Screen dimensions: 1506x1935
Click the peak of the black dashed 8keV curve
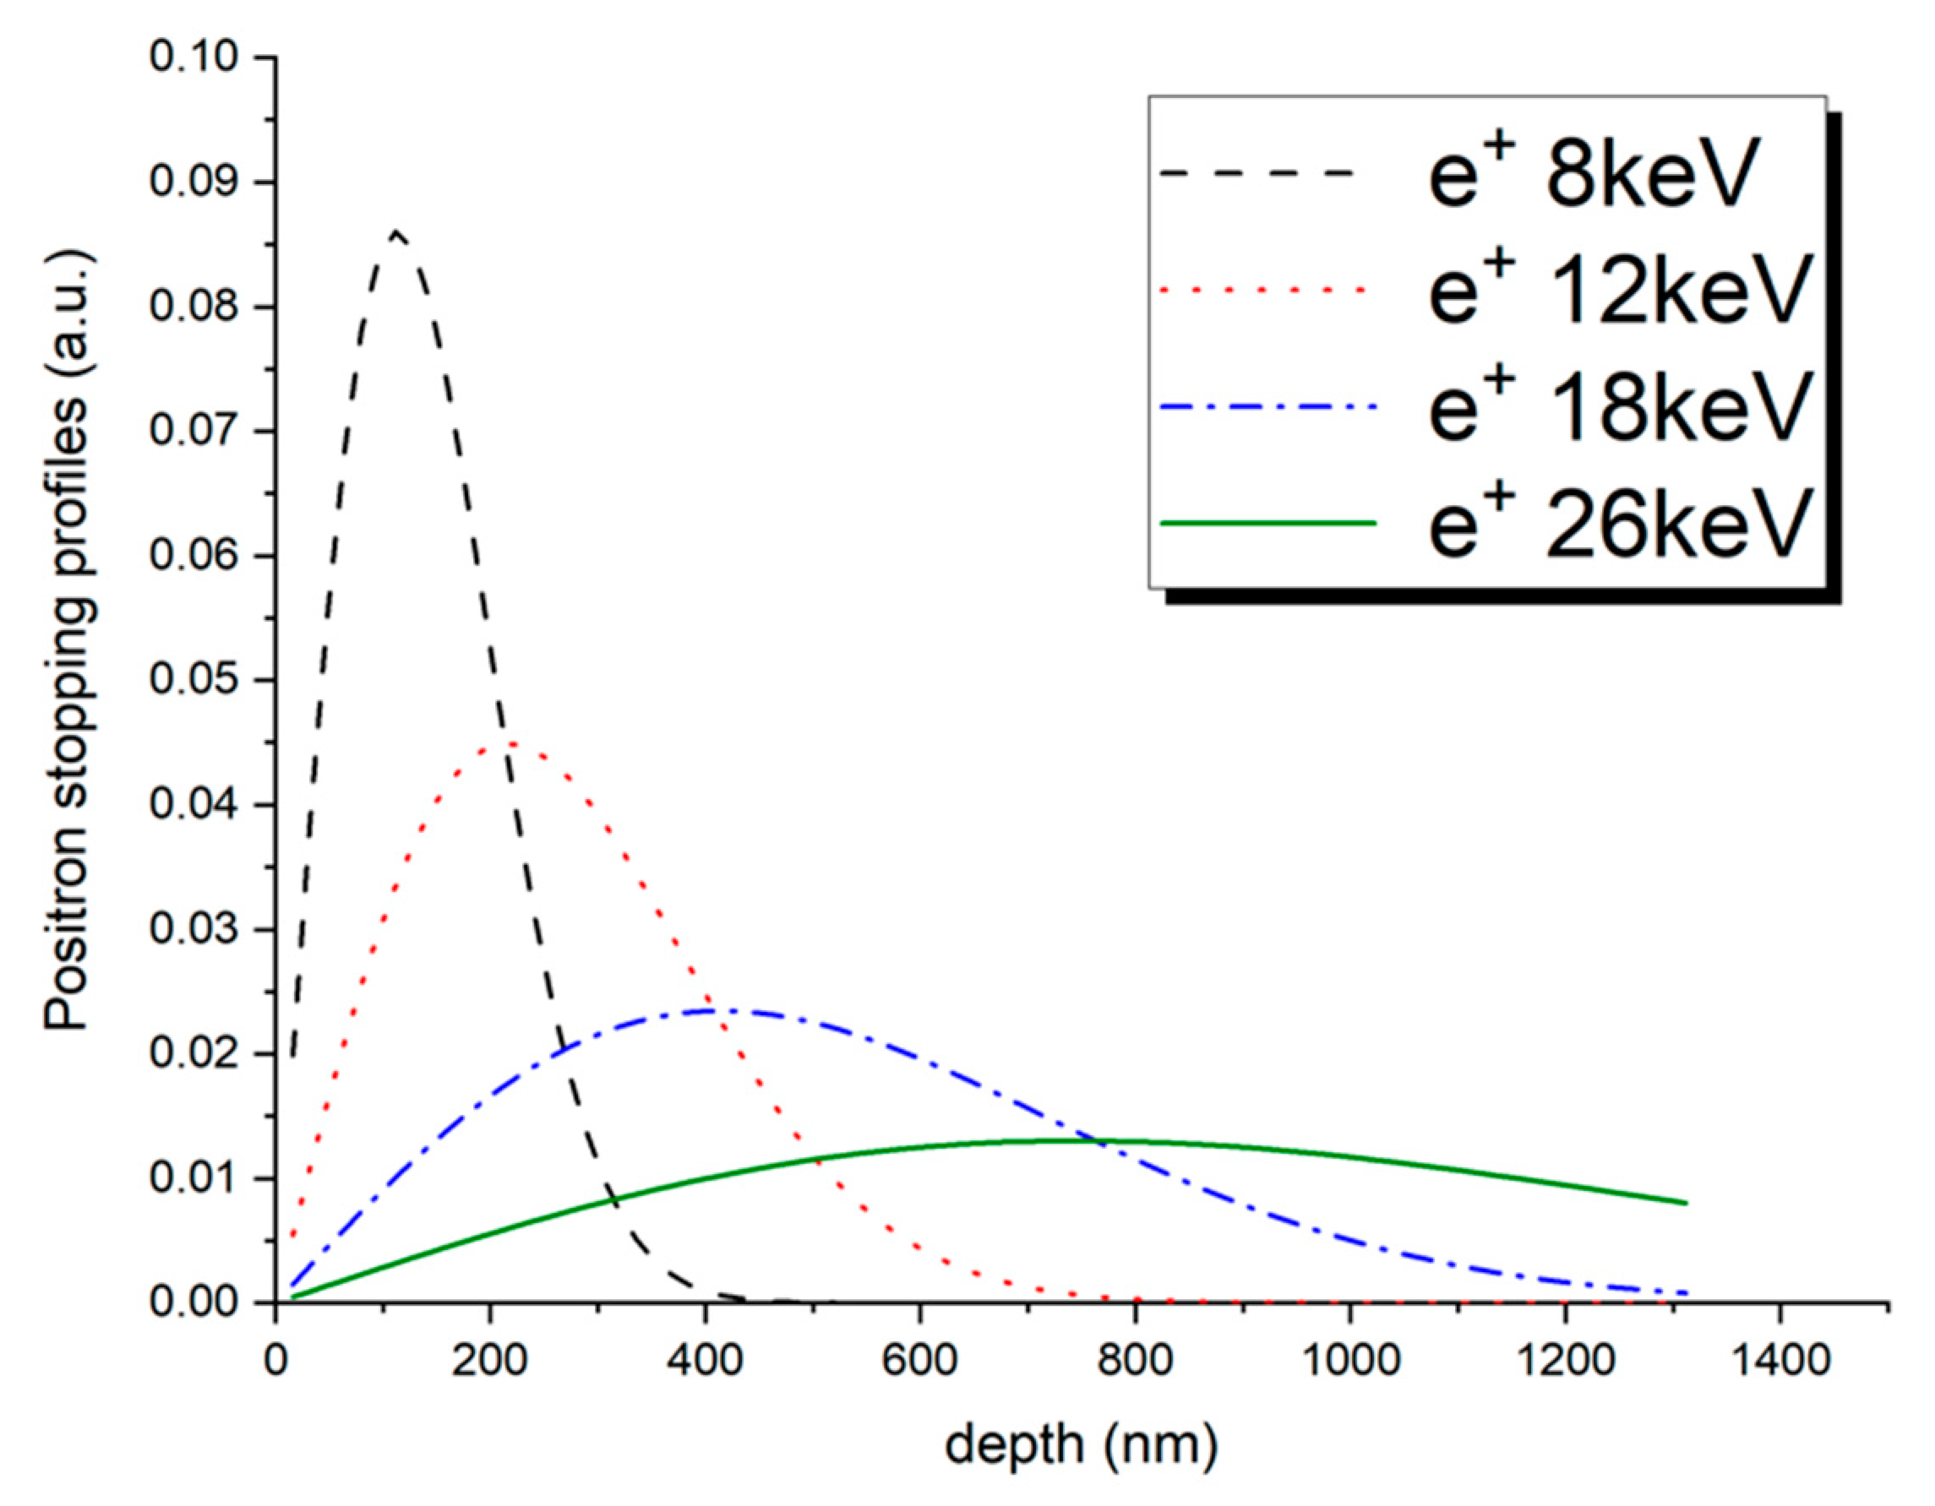click(x=396, y=232)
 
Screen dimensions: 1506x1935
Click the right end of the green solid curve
click(x=1686, y=1203)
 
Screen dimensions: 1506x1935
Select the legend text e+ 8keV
click(x=1592, y=174)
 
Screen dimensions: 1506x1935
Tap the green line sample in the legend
click(x=1267, y=523)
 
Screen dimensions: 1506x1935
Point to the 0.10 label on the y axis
click(x=193, y=57)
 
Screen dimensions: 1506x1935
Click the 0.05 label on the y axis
click(x=193, y=680)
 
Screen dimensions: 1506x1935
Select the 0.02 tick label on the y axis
click(x=193, y=1054)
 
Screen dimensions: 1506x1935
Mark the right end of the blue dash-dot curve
click(x=1687, y=1293)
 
